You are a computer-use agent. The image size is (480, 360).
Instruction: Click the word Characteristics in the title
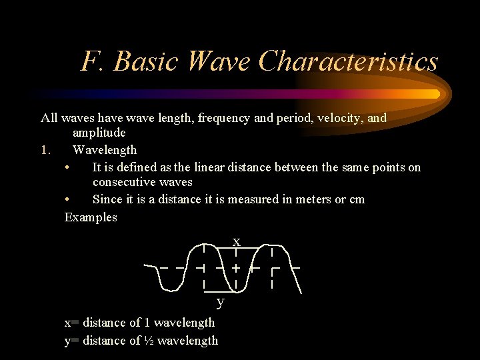[x=348, y=62]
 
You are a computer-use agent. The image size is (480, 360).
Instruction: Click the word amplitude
[x=99, y=133]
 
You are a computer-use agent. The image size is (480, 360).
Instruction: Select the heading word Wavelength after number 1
[x=105, y=150]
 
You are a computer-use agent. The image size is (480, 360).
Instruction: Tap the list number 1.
[x=45, y=150]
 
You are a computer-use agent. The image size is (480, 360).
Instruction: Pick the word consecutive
[x=125, y=183]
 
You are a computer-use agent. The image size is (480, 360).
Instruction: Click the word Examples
[x=91, y=217]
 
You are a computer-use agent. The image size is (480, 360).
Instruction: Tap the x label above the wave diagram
[x=236, y=241]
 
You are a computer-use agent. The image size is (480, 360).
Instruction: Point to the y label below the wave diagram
[x=221, y=303]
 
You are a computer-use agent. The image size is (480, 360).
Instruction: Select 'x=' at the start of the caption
[x=71, y=323]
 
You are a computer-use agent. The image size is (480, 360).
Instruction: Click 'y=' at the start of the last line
[x=71, y=341]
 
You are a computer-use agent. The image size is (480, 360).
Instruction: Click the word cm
[x=357, y=200]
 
